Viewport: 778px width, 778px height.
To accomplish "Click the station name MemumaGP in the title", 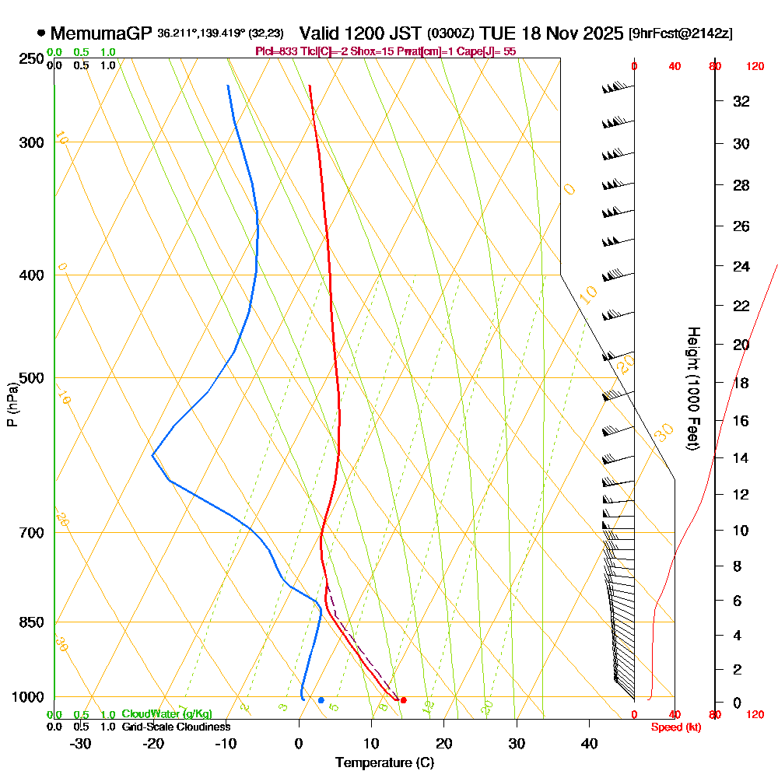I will (x=101, y=33).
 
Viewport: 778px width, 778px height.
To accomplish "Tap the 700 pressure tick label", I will (x=30, y=533).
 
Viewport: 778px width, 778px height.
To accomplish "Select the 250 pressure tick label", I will (x=30, y=59).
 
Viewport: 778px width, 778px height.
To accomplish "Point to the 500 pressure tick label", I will (x=30, y=378).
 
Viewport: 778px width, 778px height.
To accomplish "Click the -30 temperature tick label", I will (x=81, y=743).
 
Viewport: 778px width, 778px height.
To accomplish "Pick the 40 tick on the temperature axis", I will (x=589, y=743).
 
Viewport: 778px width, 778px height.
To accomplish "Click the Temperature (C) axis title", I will (x=384, y=763).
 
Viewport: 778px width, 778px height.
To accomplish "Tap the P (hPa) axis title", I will (x=12, y=405).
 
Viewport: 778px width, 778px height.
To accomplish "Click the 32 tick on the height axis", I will (x=741, y=101).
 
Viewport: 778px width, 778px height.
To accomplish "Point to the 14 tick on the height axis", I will (x=741, y=457).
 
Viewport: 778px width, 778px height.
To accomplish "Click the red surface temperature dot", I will (x=403, y=700).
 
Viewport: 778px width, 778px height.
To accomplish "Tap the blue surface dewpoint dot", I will (x=321, y=700).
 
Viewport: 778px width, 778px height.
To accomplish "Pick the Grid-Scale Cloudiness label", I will (x=176, y=727).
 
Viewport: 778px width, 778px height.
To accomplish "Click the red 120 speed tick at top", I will (x=755, y=67).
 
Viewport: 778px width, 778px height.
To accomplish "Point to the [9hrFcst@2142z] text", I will (x=680, y=34).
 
